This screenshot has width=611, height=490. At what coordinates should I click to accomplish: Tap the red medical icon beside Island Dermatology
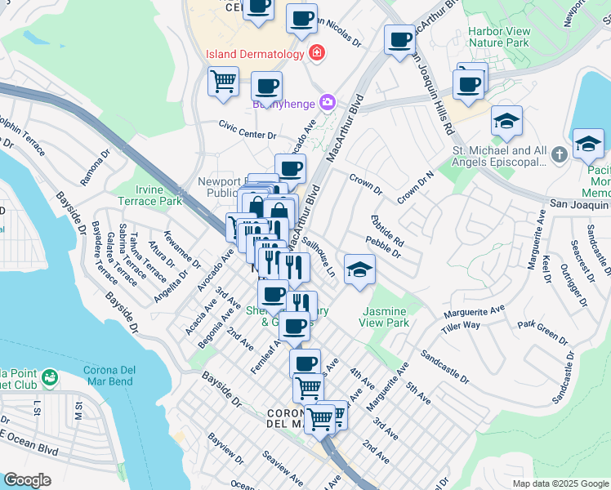(315, 54)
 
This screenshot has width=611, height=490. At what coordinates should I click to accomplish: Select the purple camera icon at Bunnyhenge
(328, 102)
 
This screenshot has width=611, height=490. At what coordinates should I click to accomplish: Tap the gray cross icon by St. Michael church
(559, 154)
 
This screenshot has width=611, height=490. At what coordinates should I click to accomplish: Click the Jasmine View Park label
(385, 317)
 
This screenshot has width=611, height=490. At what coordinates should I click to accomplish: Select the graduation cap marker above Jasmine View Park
(359, 269)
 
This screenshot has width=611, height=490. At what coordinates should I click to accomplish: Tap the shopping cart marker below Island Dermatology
(224, 82)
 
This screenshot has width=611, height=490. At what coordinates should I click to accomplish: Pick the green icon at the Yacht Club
(50, 376)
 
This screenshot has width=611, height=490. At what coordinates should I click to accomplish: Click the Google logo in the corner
(27, 480)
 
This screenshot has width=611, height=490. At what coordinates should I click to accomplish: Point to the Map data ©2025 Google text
(560, 483)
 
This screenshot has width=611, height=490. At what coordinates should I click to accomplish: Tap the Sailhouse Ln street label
(319, 256)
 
